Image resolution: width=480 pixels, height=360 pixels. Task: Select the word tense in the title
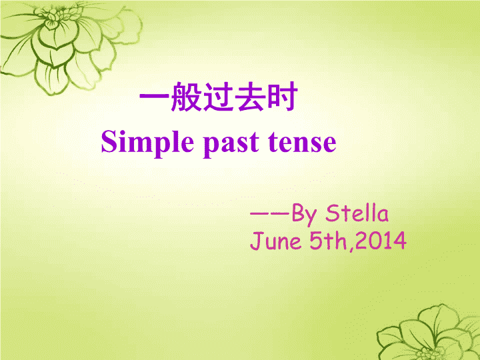point(302,143)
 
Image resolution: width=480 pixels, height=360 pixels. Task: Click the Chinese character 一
point(154,96)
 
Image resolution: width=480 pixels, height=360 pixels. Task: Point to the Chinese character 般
point(187,97)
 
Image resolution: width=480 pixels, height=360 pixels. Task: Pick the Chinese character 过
point(218,97)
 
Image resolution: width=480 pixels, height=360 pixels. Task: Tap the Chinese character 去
point(251,97)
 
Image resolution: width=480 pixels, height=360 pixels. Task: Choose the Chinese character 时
point(282,97)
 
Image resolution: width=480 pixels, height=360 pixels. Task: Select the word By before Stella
point(305,214)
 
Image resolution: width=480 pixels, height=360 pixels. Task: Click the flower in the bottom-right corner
point(429,333)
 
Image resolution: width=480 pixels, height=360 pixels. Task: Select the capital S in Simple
point(109,141)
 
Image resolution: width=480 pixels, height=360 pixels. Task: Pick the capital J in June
point(256,241)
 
